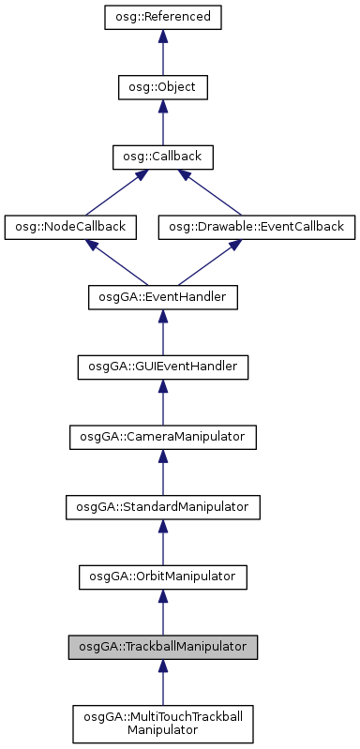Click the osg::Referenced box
coord(162,18)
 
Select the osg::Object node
coord(162,87)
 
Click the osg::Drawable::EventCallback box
coord(257,226)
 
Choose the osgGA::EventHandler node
coord(162,297)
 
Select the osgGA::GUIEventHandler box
coord(162,367)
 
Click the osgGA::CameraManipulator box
coord(162,436)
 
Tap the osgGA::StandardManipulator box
coord(162,506)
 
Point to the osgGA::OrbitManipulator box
coord(162,576)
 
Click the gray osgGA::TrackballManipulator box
coord(162,646)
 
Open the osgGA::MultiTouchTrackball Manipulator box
coord(162,722)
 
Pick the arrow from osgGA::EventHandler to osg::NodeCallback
coord(116,262)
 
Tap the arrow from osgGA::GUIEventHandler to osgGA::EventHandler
coord(162,333)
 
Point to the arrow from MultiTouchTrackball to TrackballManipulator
coord(162,682)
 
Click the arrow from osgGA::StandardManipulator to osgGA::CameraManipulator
coord(162,472)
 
